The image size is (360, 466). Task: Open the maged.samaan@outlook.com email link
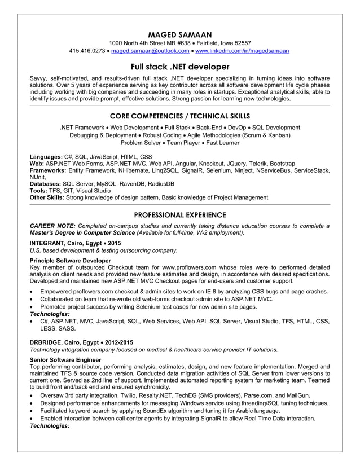coord(150,51)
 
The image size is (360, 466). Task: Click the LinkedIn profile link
coord(242,51)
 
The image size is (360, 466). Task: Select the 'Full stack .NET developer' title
coord(180,67)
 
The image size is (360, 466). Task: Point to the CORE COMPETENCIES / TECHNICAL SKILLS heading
coord(180,116)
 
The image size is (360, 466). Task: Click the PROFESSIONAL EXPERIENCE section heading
coord(180,215)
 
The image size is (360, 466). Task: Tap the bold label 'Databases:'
coord(45,184)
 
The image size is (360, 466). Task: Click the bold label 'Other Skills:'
coord(47,197)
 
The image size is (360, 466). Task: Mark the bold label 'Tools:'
coord(38,191)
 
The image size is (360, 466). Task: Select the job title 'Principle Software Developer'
coord(70,260)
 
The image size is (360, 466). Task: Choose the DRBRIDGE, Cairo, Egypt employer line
coord(81,342)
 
